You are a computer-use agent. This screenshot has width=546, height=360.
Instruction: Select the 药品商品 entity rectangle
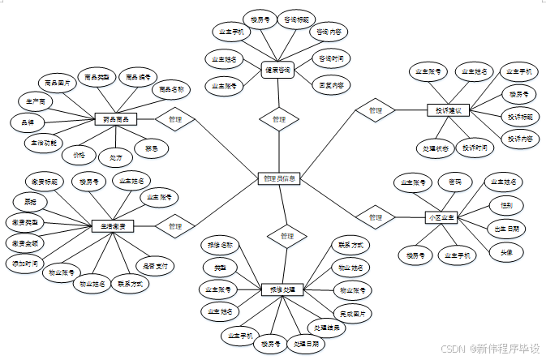[115, 119]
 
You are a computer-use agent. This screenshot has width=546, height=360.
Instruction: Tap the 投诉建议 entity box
[448, 109]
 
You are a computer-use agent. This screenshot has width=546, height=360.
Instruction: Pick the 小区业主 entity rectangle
[442, 217]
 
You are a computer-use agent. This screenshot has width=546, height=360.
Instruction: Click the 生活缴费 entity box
[113, 226]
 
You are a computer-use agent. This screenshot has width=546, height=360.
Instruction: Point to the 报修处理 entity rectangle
[283, 289]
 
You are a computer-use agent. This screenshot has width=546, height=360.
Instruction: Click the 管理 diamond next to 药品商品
[175, 119]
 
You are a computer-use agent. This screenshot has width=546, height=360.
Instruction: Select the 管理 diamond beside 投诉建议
[375, 109]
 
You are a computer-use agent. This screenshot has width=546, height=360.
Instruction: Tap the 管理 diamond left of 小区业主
[375, 217]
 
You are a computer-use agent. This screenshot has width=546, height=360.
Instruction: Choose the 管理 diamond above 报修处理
[282, 236]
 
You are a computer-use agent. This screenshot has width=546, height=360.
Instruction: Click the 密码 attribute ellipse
[455, 181]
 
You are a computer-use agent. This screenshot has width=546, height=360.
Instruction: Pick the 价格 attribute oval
[79, 153]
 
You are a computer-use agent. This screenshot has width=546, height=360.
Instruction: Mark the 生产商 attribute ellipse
[36, 101]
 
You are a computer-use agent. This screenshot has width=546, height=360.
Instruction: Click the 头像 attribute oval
[505, 252]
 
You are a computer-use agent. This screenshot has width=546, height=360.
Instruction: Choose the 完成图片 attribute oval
[355, 312]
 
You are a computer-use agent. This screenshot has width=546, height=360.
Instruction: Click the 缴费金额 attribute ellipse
[26, 242]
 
